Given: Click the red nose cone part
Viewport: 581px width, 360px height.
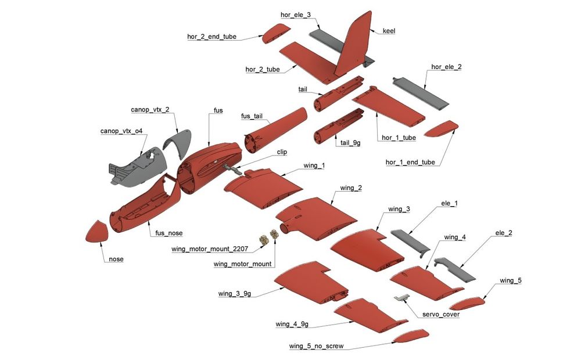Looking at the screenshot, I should [x=97, y=232].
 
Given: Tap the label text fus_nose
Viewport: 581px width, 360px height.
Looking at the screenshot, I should [x=169, y=233].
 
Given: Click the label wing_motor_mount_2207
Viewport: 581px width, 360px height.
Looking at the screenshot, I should [x=210, y=249].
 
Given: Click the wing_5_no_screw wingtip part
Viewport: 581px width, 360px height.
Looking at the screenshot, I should [x=411, y=336].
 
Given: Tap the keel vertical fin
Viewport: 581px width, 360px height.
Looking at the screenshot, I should [x=353, y=46].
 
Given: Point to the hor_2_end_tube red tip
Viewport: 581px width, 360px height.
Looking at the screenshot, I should [x=276, y=34].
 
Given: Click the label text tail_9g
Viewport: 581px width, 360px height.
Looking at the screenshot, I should [x=350, y=143].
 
